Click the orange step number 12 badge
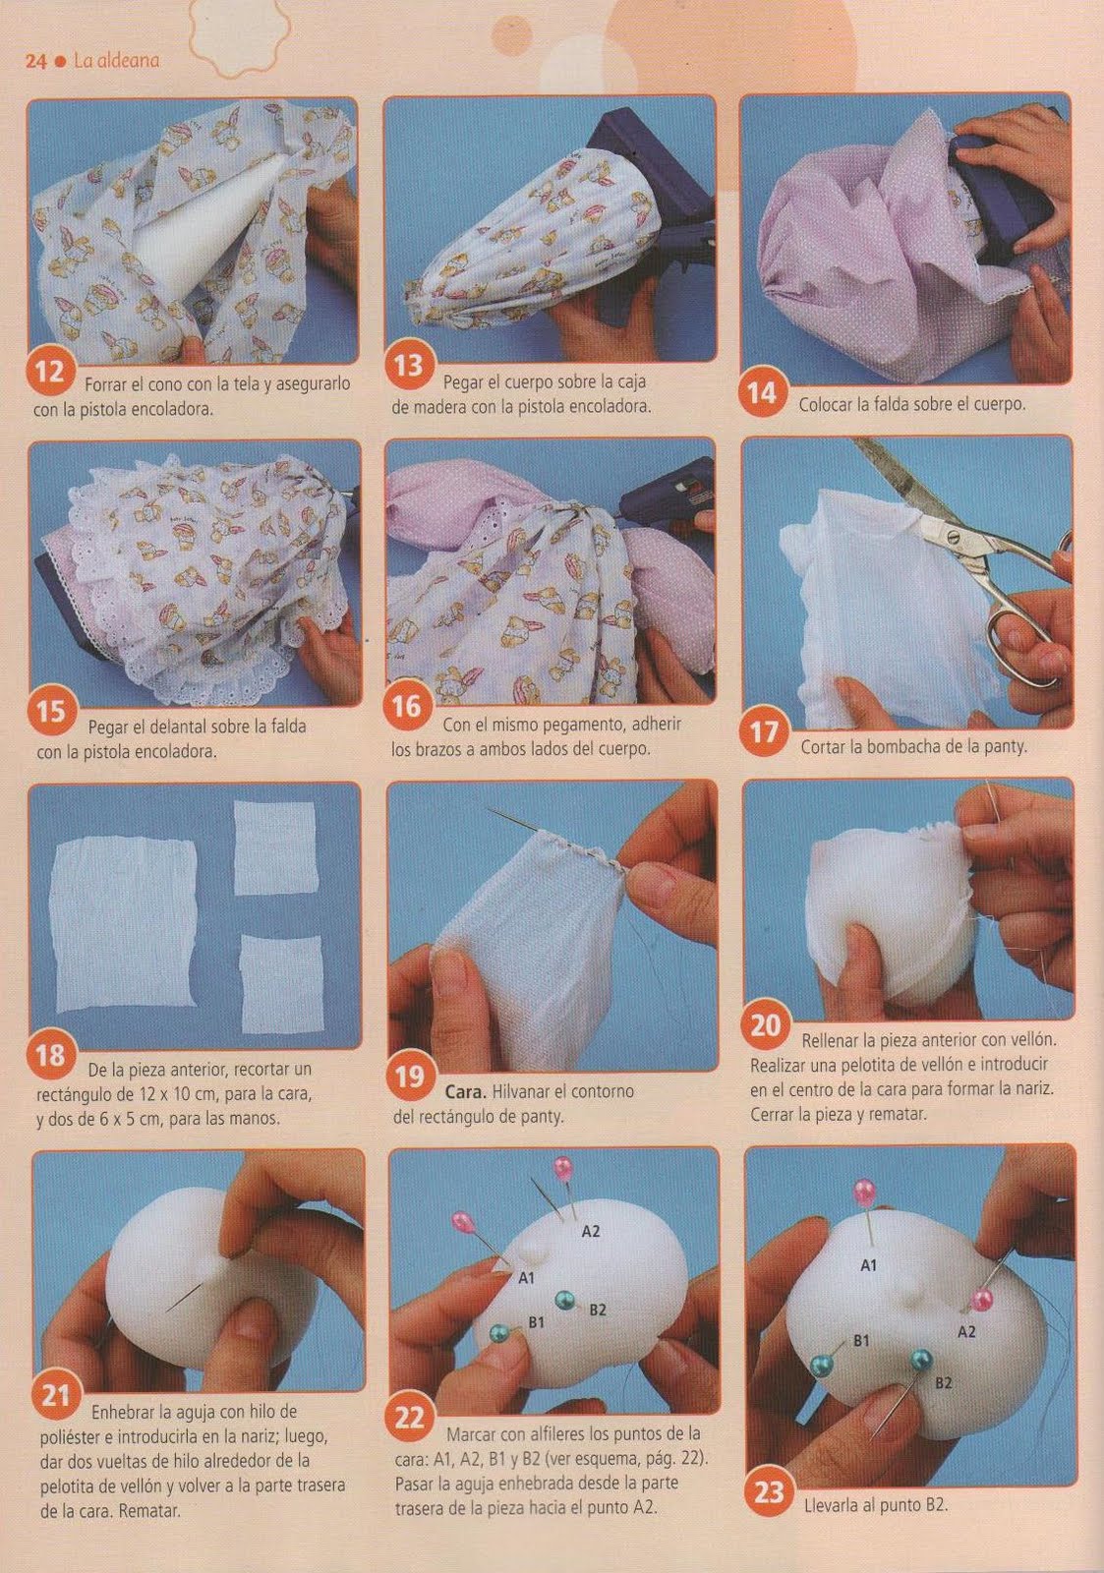pyautogui.click(x=49, y=371)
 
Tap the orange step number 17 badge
pyautogui.click(x=764, y=732)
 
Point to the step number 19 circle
pyautogui.click(x=409, y=1077)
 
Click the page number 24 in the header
pyautogui.click(x=35, y=62)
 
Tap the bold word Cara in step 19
pyautogui.click(x=466, y=1092)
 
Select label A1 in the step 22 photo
pyautogui.click(x=527, y=1278)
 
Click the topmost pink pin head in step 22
pyautogui.click(x=563, y=1167)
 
